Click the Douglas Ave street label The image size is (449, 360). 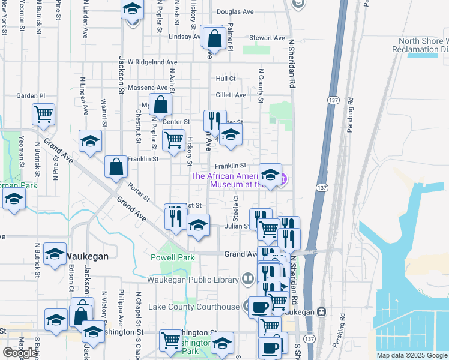coord(235,11)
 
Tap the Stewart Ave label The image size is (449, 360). coord(267,38)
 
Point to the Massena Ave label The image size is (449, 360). coord(152,88)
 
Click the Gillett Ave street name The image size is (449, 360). coord(231,95)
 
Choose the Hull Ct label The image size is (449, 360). coord(226,79)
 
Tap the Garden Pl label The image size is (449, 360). coord(31,95)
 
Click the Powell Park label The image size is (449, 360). coord(178,257)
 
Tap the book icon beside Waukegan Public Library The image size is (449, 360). coord(247,278)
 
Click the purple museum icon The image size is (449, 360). coord(283,179)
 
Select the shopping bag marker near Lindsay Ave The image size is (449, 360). coord(214,39)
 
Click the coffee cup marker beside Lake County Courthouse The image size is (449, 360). coord(259,307)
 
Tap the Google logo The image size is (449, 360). coord(20,353)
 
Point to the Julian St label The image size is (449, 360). coord(237,226)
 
